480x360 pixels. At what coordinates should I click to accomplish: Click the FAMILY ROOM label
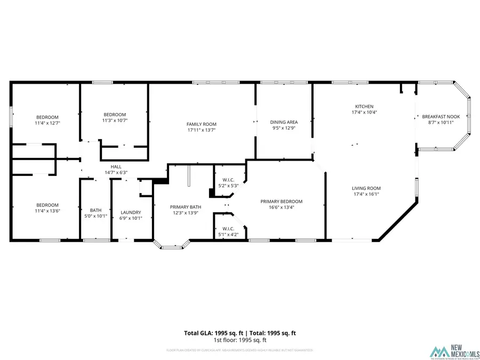[x=202, y=124]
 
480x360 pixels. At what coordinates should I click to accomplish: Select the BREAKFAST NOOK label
[x=441, y=116]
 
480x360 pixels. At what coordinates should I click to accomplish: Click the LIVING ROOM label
[x=366, y=188]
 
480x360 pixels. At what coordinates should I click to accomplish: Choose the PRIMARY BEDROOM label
[x=281, y=201]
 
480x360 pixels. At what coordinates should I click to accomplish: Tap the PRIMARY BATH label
[x=186, y=207]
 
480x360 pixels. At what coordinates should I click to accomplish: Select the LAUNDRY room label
[x=131, y=212]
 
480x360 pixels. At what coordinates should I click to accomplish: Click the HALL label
[x=116, y=166]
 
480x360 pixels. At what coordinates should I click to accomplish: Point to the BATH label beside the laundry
[x=96, y=210]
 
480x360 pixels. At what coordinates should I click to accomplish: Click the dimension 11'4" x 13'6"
[x=47, y=211]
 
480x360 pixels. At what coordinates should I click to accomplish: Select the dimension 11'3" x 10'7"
[x=115, y=121]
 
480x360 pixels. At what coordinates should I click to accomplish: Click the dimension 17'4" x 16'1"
[x=366, y=194]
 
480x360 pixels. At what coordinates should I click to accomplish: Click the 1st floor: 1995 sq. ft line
[x=240, y=340]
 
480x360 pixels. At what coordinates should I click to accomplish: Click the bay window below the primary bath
[x=172, y=246]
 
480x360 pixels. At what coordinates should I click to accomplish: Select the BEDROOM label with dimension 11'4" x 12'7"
[x=47, y=117]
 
